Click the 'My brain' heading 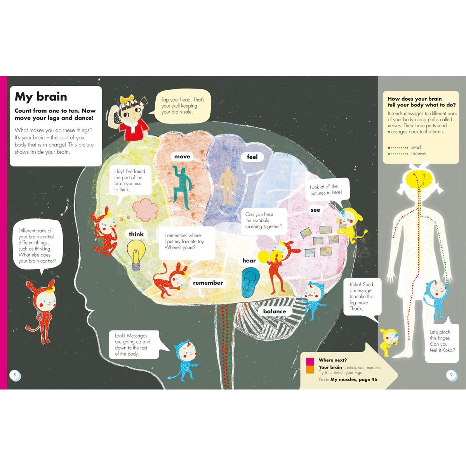point(41,97)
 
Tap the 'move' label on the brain point(182,156)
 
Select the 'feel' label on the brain point(252,157)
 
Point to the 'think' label point(136,234)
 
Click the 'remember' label point(208,283)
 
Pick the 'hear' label point(249,261)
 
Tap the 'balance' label point(275,311)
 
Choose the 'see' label point(315,210)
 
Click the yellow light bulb point(136,255)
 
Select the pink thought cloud point(145,210)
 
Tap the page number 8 point(15,375)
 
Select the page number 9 point(451,375)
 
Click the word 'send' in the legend point(416,147)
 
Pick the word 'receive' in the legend point(418,153)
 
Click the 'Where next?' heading point(333,360)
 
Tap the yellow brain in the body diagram point(419,179)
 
